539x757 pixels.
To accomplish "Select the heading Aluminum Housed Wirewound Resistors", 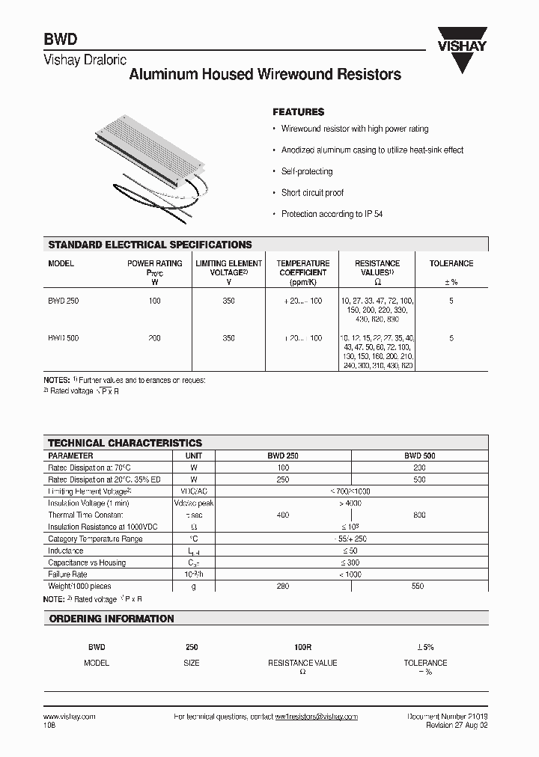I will pyautogui.click(x=265, y=75).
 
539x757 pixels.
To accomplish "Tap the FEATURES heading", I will pyautogui.click(x=298, y=111).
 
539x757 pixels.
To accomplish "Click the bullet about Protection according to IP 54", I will pyautogui.click(x=332, y=214).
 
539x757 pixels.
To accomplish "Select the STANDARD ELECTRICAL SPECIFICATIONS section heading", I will pyautogui.click(x=150, y=245).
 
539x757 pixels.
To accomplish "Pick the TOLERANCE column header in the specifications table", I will pyautogui.click(x=451, y=263).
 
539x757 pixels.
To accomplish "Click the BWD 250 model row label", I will pyautogui.click(x=63, y=301).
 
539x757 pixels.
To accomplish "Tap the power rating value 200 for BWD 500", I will pyautogui.click(x=154, y=338).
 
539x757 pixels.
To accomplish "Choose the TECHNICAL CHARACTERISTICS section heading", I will pyautogui.click(x=125, y=443).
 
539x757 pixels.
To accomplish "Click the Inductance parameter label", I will pyautogui.click(x=66, y=551).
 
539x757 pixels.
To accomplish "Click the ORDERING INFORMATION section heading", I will pyautogui.click(x=112, y=619).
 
